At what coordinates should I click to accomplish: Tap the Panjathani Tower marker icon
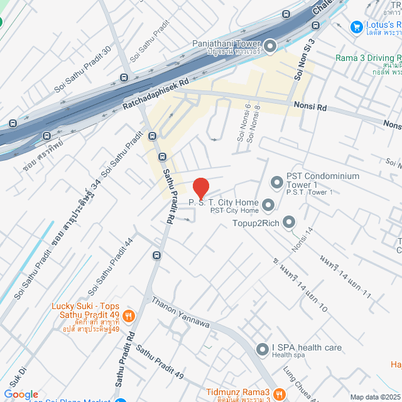click(271, 45)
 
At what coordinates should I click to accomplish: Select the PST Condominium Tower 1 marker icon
click(277, 183)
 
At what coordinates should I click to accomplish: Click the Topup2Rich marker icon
click(289, 222)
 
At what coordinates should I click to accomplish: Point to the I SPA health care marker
click(263, 349)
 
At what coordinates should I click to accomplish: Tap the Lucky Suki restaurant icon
click(129, 316)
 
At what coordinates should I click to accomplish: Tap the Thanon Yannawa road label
click(180, 312)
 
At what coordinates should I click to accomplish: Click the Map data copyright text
click(375, 397)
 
